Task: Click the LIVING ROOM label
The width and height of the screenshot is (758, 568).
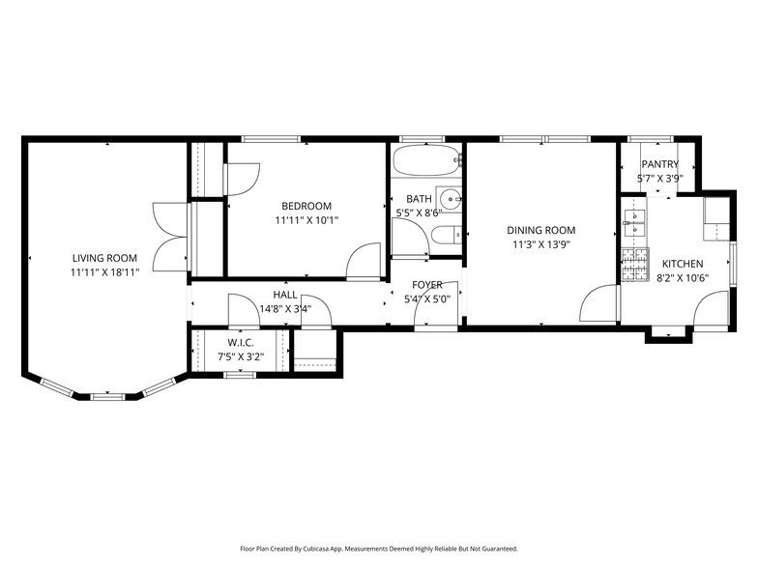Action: (x=104, y=258)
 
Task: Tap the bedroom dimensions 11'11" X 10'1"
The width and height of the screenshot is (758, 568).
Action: (x=306, y=220)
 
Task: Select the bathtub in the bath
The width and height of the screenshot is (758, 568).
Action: (x=427, y=160)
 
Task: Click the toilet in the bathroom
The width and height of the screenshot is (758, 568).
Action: (x=447, y=236)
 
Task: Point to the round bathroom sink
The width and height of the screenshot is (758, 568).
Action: (x=451, y=199)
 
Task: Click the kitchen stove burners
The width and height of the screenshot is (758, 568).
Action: (x=635, y=265)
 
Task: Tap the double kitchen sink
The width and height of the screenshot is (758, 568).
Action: (x=634, y=223)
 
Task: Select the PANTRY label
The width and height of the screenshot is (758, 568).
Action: (x=659, y=164)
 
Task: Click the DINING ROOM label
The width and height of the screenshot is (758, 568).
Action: (x=541, y=230)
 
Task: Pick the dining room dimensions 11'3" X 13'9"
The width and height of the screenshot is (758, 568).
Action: (x=541, y=245)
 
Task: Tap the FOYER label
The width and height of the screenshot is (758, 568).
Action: (x=427, y=285)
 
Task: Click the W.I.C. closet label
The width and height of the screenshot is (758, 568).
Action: (x=240, y=343)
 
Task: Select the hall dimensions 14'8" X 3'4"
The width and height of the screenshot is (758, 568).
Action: (x=285, y=309)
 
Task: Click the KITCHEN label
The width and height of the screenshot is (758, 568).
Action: (x=683, y=264)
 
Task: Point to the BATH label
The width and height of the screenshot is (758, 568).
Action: (x=419, y=199)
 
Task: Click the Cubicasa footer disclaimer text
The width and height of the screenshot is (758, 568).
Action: (x=379, y=549)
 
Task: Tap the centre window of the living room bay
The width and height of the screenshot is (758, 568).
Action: (x=107, y=397)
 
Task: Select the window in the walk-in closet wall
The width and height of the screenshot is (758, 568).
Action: (x=240, y=375)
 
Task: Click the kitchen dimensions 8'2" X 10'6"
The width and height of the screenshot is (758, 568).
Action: (x=683, y=278)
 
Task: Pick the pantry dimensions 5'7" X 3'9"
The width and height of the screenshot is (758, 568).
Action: (x=659, y=178)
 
